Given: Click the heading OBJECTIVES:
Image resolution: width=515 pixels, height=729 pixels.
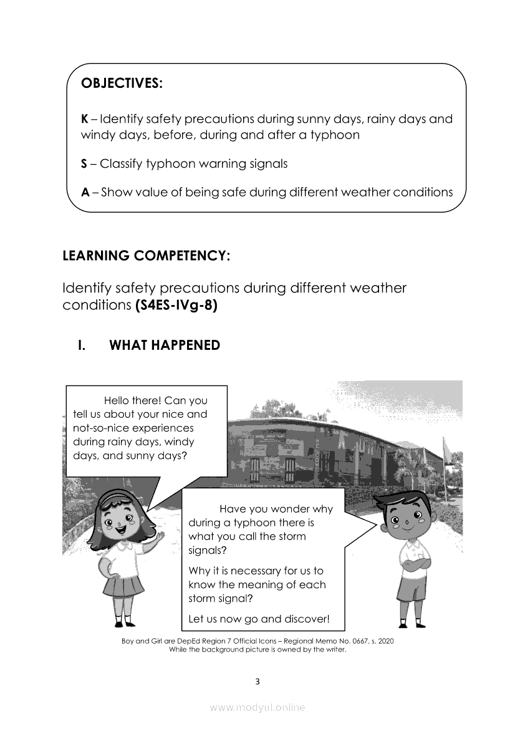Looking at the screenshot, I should click(122, 84).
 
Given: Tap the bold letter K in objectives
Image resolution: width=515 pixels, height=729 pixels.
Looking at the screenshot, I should click(85, 118).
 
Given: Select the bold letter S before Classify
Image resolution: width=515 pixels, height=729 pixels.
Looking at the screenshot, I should click(85, 164).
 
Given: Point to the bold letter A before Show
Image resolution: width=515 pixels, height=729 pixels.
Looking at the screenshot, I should click(85, 192).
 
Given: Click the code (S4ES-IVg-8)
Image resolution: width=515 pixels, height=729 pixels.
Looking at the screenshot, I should click(176, 306).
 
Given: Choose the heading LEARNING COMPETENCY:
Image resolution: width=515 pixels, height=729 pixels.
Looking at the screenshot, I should click(147, 256).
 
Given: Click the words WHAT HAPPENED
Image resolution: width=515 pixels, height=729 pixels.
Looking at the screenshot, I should click(165, 345).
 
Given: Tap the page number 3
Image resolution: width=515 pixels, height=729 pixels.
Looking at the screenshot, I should click(257, 681).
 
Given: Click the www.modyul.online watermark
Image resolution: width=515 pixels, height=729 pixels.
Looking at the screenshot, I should click(257, 708).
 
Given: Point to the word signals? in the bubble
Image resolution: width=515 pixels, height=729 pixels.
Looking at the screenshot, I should click(208, 551).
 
